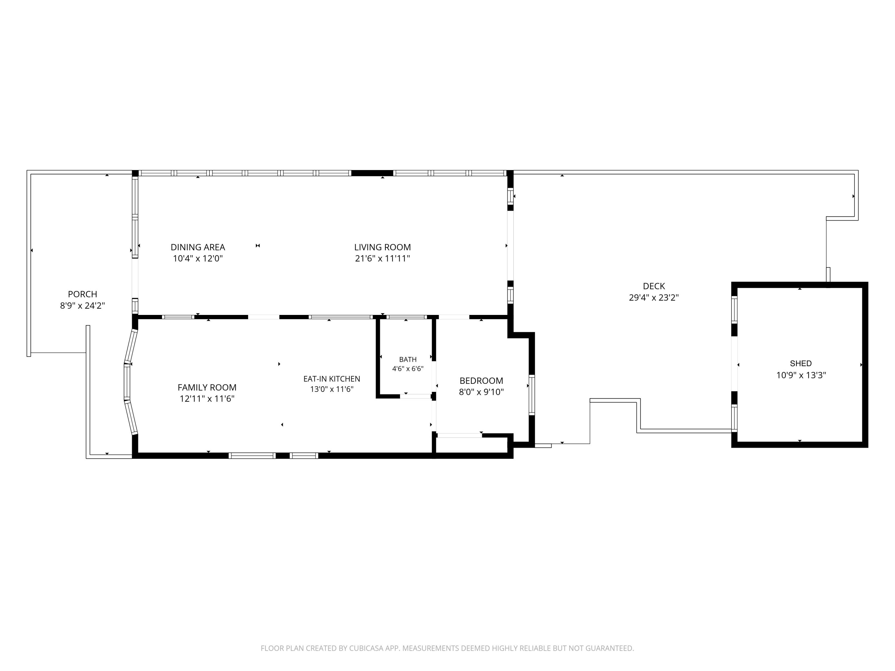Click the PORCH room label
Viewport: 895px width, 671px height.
[83, 294]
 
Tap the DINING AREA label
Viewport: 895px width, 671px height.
[198, 247]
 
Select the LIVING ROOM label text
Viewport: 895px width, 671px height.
[382, 247]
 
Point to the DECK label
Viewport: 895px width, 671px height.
[654, 286]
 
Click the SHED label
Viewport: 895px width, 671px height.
[801, 364]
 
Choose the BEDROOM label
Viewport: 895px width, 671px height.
[482, 381]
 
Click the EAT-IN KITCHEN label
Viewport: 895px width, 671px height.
[332, 379]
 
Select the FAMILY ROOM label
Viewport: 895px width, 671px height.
[207, 387]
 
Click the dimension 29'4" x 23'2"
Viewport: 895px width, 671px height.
[654, 298]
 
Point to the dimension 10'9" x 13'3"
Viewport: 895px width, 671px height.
[801, 375]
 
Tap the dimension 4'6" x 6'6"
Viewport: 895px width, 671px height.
[408, 369]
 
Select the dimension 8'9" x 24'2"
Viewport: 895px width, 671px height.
[83, 305]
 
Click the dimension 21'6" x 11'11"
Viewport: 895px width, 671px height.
[383, 259]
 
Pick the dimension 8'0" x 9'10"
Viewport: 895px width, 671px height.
[482, 392]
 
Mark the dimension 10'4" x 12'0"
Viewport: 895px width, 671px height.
[198, 259]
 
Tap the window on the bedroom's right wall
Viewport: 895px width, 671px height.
[532, 395]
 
